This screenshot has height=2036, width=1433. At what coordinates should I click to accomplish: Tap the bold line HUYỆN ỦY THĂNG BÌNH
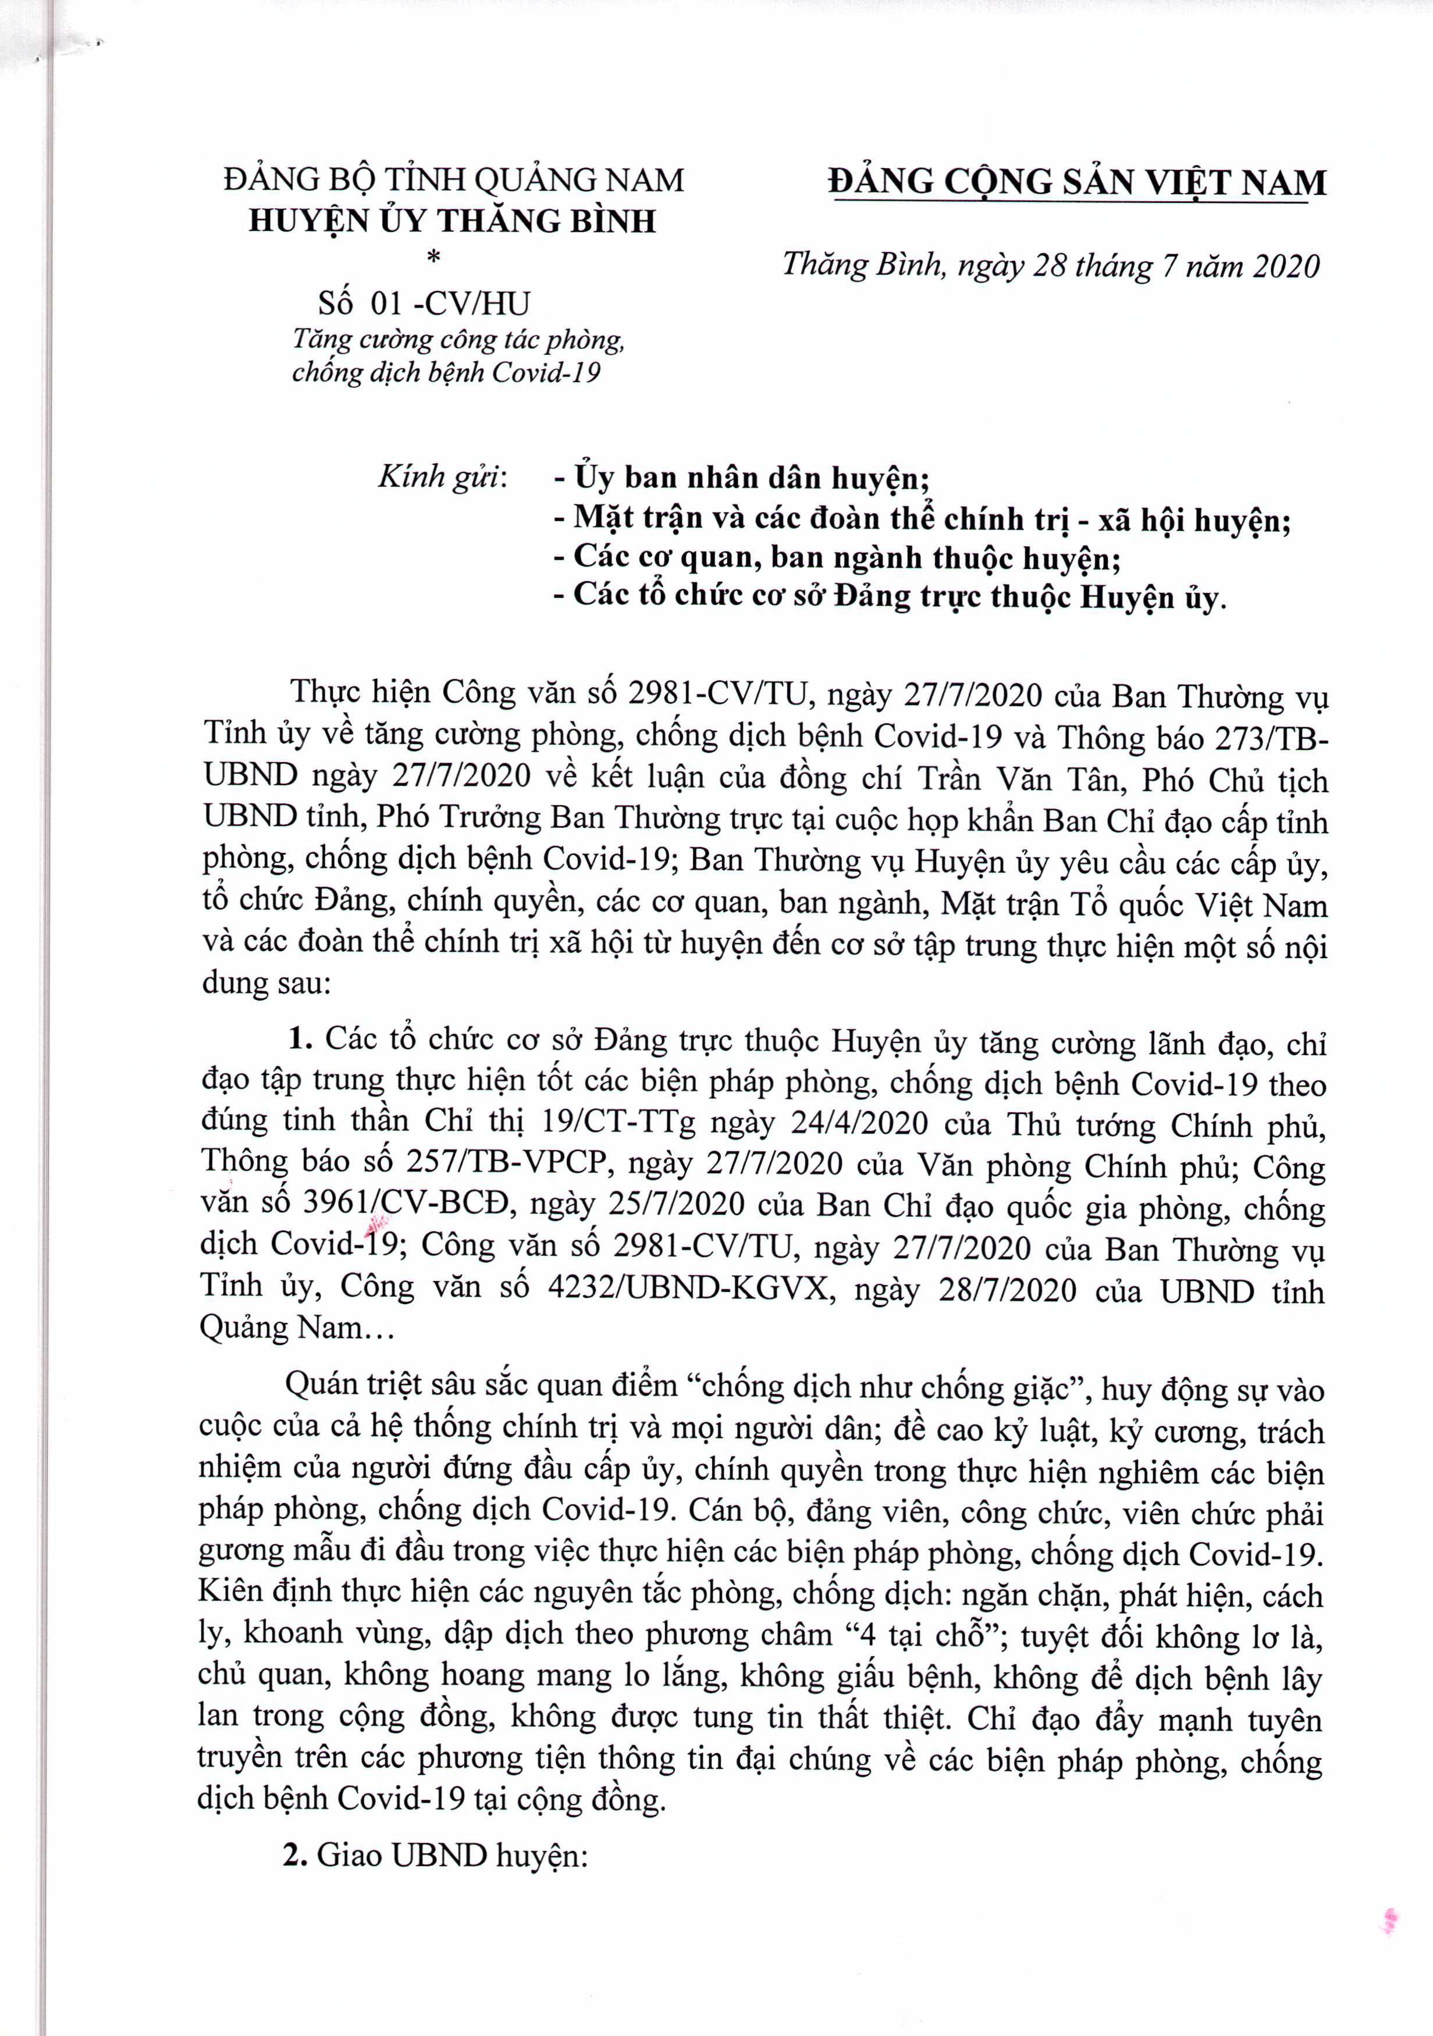tap(452, 221)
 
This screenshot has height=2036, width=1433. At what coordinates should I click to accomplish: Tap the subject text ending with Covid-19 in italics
tap(446, 372)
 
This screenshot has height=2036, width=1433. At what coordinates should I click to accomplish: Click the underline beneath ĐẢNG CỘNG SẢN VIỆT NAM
tap(1071, 203)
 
